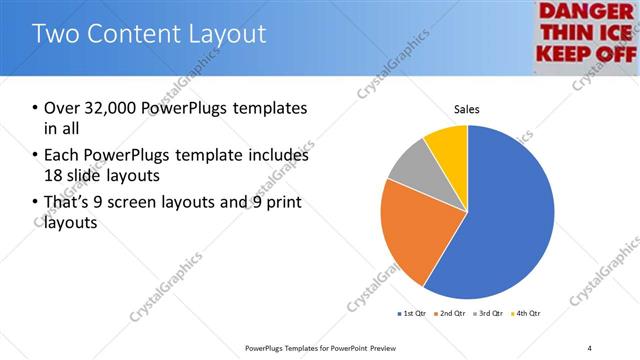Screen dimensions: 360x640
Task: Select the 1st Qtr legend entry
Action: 412,314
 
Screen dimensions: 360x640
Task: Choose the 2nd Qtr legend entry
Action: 450,314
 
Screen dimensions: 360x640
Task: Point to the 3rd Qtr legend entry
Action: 488,314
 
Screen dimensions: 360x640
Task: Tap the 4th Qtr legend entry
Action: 526,314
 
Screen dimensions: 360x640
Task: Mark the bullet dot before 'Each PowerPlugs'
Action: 35,156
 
